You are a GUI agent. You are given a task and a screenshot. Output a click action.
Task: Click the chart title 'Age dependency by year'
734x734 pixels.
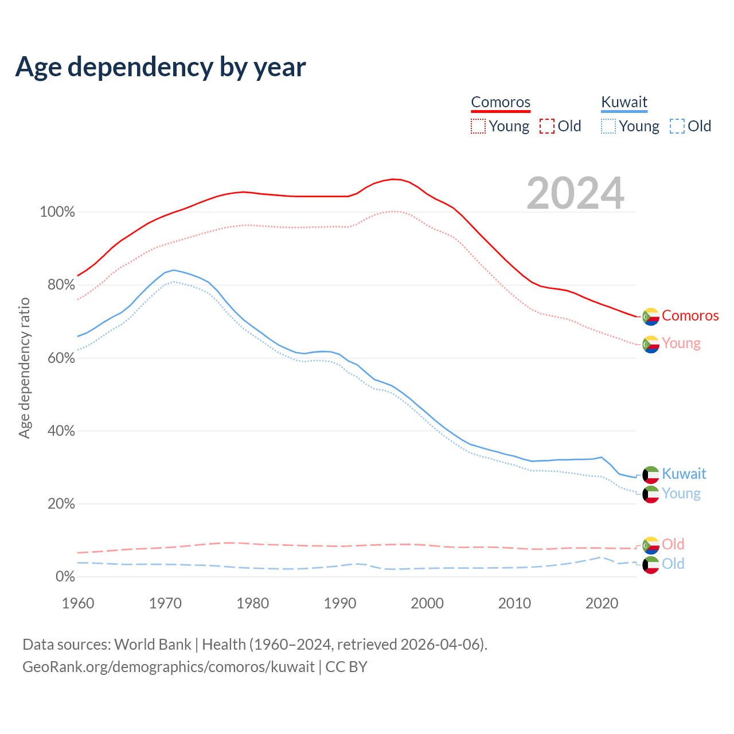161,67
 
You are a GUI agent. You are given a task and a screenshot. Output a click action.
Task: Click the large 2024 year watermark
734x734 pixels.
575,193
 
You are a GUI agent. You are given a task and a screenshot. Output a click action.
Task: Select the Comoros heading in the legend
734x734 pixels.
501,102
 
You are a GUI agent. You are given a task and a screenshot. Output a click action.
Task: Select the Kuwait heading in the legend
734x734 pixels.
624,102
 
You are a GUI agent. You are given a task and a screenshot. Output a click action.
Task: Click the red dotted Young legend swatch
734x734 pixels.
478,126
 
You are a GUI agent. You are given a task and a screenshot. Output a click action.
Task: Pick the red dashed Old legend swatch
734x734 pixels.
547,126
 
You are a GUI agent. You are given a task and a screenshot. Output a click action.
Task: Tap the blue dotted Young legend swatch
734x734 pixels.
608,126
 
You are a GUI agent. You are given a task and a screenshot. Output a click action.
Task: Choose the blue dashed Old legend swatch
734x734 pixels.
677,126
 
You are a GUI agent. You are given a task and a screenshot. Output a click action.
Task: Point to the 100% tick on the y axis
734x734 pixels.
57,212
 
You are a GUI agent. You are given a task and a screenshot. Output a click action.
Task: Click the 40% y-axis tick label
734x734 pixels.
61,431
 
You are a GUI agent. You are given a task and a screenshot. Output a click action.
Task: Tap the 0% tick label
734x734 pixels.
65,577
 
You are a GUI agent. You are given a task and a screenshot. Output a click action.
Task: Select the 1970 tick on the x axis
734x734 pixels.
165,603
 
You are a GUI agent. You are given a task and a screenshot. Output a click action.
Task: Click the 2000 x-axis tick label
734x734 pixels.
427,603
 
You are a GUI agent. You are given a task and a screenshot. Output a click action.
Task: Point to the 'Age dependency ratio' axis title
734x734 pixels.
24,368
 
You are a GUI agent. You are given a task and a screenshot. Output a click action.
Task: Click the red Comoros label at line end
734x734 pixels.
690,315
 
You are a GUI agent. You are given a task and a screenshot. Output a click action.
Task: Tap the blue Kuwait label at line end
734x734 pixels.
684,474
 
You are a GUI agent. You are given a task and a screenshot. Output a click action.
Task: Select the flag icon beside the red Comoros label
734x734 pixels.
651,317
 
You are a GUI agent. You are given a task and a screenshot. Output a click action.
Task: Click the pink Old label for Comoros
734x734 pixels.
673,544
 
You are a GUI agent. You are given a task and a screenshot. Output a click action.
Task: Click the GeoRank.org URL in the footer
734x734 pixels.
169,667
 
